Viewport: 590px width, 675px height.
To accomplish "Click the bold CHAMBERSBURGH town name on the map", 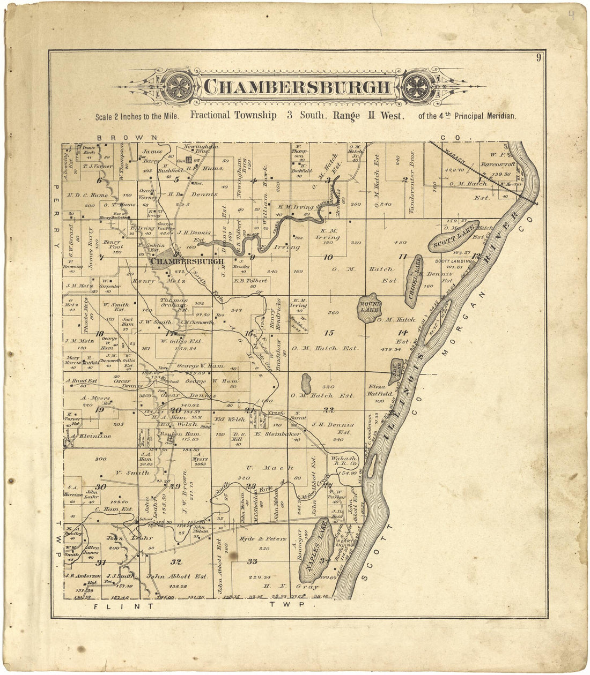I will (x=187, y=261).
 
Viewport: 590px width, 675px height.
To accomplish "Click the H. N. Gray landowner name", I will (x=292, y=587).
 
